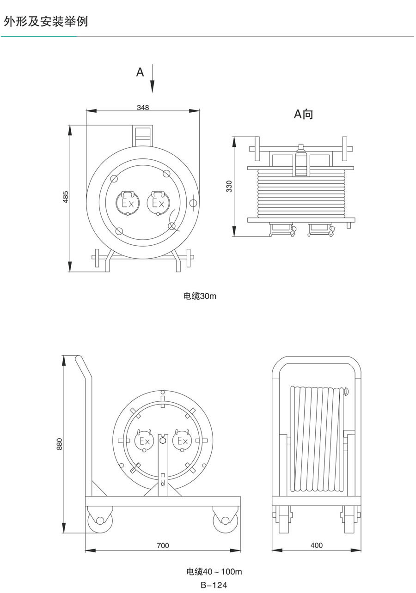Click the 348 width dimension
(x=143, y=107)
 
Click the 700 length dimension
(x=163, y=545)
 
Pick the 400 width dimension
(x=316, y=545)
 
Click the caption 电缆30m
(x=200, y=296)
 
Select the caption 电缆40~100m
(x=214, y=572)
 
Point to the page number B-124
(x=214, y=585)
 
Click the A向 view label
(x=304, y=114)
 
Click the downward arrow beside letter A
(x=153, y=79)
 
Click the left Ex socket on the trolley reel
(x=145, y=441)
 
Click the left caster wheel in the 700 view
(x=100, y=521)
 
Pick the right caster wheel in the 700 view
(x=225, y=521)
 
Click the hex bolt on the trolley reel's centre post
(x=163, y=441)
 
